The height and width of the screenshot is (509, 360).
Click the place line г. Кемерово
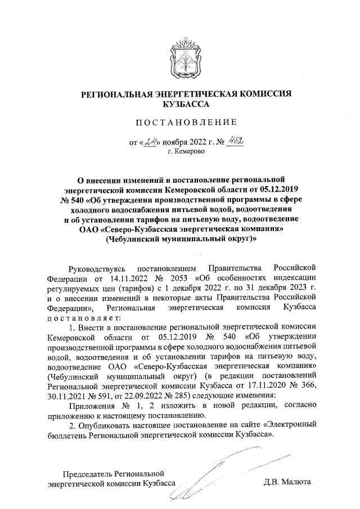[185, 152]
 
